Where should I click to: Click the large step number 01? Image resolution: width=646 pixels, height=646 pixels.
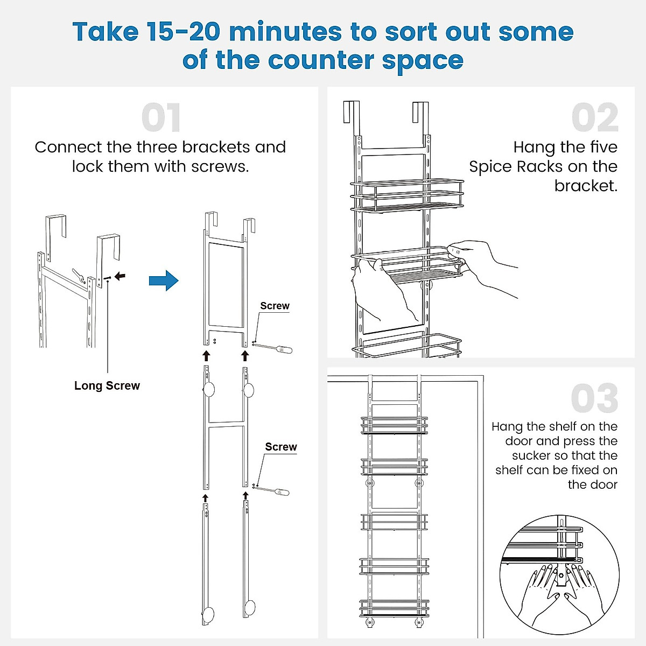[161, 117]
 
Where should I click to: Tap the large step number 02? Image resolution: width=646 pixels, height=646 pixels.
[595, 117]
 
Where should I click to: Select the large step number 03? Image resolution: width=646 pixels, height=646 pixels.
[595, 398]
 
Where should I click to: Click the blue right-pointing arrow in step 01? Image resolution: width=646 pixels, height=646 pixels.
[164, 280]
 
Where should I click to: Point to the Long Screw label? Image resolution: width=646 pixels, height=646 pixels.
[107, 386]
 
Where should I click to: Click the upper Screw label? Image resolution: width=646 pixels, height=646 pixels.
[275, 306]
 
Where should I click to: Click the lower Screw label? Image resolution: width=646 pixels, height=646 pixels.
[281, 447]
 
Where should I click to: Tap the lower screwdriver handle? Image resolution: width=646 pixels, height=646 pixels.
[282, 492]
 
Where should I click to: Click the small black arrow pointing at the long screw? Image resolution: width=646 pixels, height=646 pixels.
[120, 276]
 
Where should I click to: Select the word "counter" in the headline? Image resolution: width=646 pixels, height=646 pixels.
[321, 60]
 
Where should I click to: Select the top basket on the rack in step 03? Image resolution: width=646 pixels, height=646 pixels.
[394, 424]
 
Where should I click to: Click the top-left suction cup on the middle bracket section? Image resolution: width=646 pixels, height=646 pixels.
[208, 390]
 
